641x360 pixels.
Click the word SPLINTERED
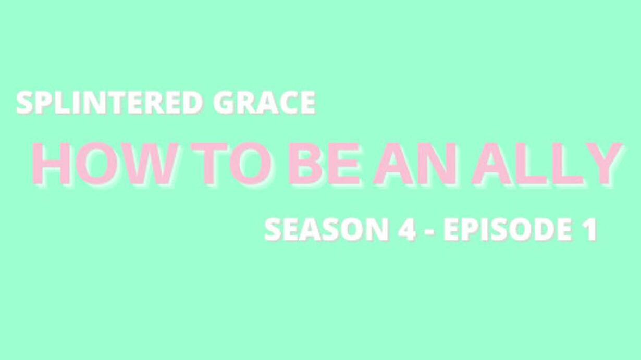point(110,103)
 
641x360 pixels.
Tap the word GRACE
point(264,103)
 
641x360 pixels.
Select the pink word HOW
point(104,164)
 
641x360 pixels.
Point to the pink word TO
point(231,164)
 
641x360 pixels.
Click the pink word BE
point(324,164)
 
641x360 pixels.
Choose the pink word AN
point(415,164)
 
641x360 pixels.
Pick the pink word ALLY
point(547,164)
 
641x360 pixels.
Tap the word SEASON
point(327,230)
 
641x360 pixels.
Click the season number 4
point(407,230)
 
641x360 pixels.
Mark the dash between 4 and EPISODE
point(429,232)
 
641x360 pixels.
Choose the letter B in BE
point(307,164)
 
